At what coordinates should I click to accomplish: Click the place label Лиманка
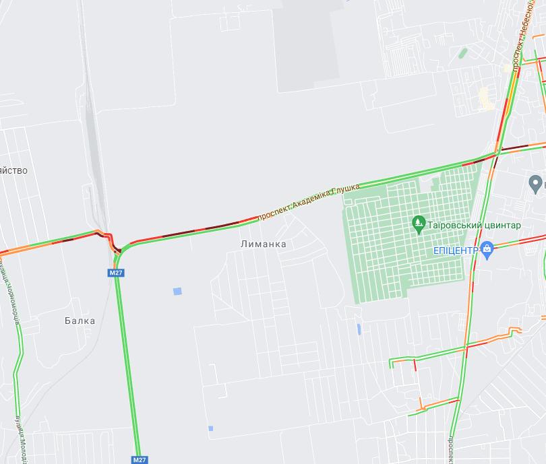pos(263,244)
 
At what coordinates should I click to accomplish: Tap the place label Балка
pos(80,321)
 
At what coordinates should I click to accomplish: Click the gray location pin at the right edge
pos(536,183)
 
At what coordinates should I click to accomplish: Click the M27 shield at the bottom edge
pos(138,459)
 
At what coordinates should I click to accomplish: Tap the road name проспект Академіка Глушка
pos(309,201)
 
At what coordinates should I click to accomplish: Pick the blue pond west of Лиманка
pos(177,291)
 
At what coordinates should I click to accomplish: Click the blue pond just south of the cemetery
pos(358,329)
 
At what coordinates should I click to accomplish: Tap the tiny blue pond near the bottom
pos(210,428)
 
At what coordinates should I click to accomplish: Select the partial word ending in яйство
pos(13,170)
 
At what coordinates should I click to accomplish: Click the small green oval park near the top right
pos(462,53)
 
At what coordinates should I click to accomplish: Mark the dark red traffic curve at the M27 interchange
pos(114,244)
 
